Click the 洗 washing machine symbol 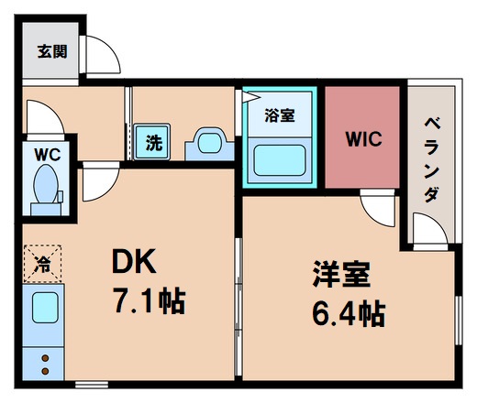(153, 142)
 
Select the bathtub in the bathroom (279, 163)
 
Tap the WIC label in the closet (364, 140)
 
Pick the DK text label (135, 264)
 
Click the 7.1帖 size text (147, 300)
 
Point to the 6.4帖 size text (346, 314)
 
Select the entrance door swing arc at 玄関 (102, 55)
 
